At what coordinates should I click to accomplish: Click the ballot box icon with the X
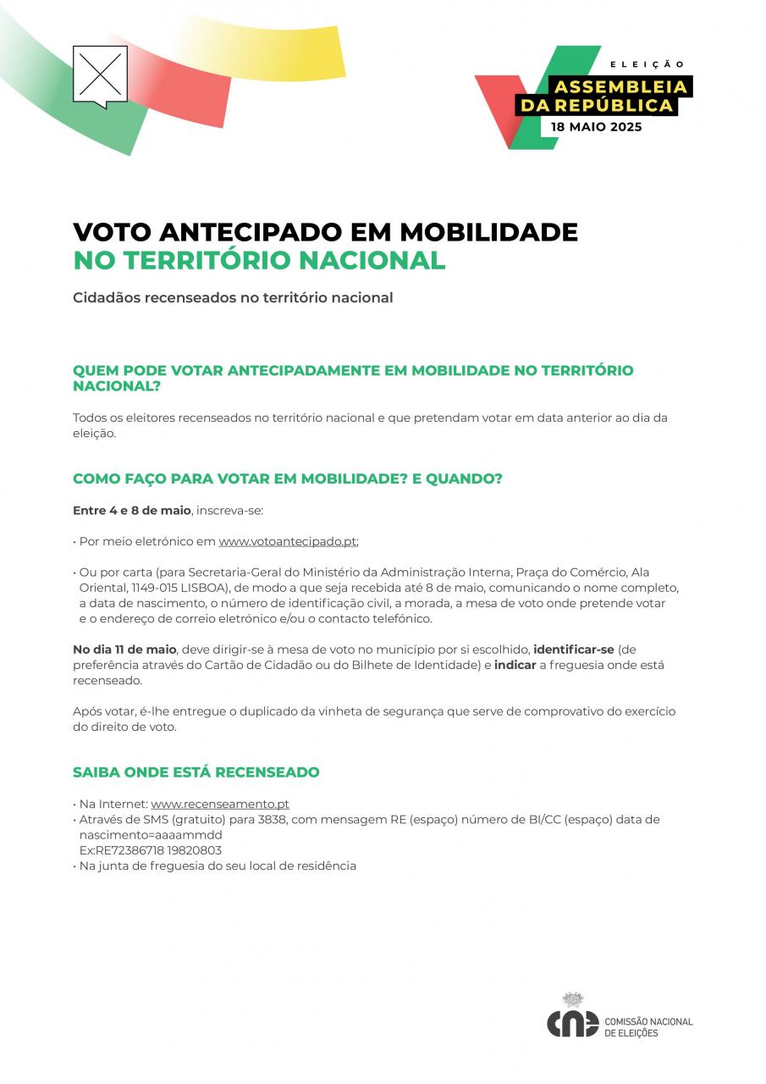[x=100, y=75]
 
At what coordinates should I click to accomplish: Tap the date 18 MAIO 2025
[x=596, y=127]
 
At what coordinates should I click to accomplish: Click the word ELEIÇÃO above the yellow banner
[x=648, y=64]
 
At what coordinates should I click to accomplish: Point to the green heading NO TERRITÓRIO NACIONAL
[x=259, y=260]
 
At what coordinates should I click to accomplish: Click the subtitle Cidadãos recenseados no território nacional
[x=233, y=298]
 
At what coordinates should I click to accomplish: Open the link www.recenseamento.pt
[x=220, y=804]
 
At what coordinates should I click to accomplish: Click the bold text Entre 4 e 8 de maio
[x=132, y=511]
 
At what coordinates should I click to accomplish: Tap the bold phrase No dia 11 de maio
[x=124, y=650]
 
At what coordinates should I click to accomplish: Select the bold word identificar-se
[x=574, y=650]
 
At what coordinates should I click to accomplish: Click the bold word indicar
[x=515, y=665]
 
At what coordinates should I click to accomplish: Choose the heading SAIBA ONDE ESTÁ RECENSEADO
[x=196, y=772]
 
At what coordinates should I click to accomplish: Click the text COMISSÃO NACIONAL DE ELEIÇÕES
[x=648, y=1027]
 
